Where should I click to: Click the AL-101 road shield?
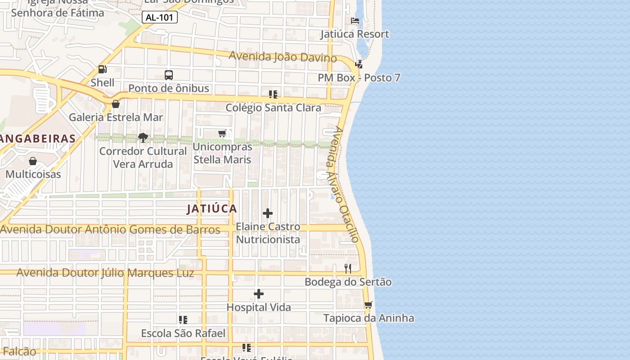click(x=160, y=18)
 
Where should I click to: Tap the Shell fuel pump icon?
click(x=103, y=69)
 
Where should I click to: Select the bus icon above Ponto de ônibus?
click(x=169, y=75)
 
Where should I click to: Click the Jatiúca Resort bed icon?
click(x=355, y=21)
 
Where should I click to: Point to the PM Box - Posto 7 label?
click(x=359, y=78)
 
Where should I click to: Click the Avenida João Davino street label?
click(x=283, y=57)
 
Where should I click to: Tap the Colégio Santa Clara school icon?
click(x=273, y=94)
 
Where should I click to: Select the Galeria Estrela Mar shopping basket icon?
click(x=116, y=104)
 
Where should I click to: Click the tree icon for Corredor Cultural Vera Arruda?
click(x=143, y=137)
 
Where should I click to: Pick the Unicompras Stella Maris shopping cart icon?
click(x=222, y=133)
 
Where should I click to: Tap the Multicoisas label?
click(x=33, y=174)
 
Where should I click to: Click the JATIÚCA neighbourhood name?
click(x=212, y=208)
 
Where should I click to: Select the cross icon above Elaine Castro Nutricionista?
click(x=268, y=213)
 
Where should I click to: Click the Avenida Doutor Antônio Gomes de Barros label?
click(x=110, y=229)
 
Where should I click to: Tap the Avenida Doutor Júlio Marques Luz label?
click(x=105, y=273)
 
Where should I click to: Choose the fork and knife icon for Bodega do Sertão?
click(x=348, y=269)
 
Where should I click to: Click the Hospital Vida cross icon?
click(x=259, y=294)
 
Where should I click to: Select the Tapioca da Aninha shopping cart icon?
click(x=369, y=305)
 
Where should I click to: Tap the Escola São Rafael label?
click(x=183, y=333)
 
